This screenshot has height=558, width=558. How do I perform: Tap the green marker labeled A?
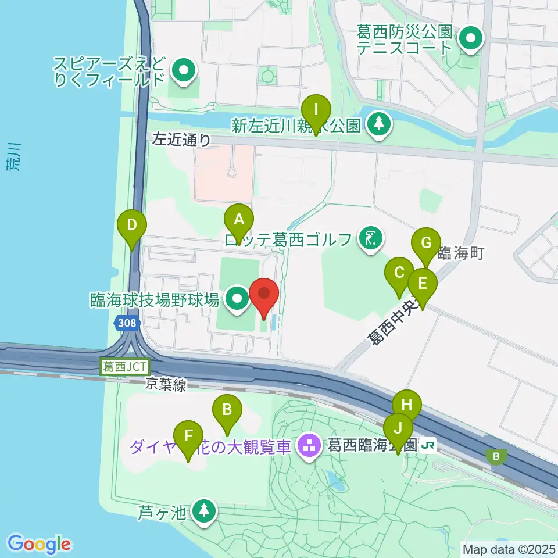tap(239, 220)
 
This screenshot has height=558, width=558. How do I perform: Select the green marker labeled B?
tap(227, 410)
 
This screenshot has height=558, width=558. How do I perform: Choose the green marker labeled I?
tap(316, 110)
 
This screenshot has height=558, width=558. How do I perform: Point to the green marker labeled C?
tap(399, 273)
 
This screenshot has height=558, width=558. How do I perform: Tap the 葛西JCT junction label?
tap(126, 367)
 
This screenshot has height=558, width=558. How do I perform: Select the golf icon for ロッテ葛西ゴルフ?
tap(370, 238)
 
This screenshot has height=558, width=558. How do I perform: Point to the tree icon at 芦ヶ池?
tap(203, 511)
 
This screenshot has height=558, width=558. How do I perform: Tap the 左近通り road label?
tap(181, 139)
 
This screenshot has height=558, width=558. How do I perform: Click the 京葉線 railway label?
tap(166, 385)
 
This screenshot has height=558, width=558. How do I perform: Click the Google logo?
tap(40, 544)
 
